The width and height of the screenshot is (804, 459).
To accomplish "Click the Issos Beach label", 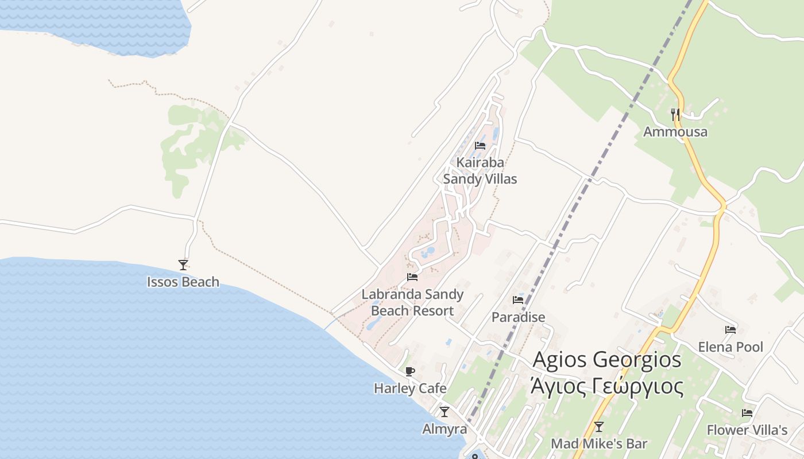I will pos(183,282).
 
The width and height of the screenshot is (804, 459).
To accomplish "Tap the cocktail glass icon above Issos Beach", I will pos(183,264).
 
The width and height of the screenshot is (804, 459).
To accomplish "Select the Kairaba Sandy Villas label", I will pos(480,170).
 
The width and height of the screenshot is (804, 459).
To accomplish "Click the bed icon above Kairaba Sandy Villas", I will pos(480,146).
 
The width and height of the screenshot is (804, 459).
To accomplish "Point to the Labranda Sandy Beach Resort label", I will pos(412,302).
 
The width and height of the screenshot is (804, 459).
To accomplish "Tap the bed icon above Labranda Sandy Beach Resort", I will pos(412,277).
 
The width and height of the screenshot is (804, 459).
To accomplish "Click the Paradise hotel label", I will pos(518,317).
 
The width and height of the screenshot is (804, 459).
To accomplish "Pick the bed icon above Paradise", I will pos(518,299).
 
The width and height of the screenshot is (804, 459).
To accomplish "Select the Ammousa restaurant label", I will pos(675,132).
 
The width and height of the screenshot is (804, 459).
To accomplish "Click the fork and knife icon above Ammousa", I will pos(675,114).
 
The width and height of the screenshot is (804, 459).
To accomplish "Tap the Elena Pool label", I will pos(730,347).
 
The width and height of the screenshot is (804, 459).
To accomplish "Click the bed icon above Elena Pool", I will pos(730,330).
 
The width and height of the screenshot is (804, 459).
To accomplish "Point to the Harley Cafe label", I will pos(410,388).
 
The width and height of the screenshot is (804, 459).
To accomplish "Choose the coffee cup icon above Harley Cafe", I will pos(410,371).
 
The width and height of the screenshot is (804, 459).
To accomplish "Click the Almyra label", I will pos(444,429).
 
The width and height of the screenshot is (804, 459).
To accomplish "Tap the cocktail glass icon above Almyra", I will pos(444,412).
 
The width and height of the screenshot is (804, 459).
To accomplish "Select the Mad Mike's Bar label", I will pos(599,444).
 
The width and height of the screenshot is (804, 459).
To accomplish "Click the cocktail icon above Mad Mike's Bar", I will pos(599,427).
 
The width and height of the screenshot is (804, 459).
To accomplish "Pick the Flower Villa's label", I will pos(747,430).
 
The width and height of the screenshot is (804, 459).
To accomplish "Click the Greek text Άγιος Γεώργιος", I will pos(607,387).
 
